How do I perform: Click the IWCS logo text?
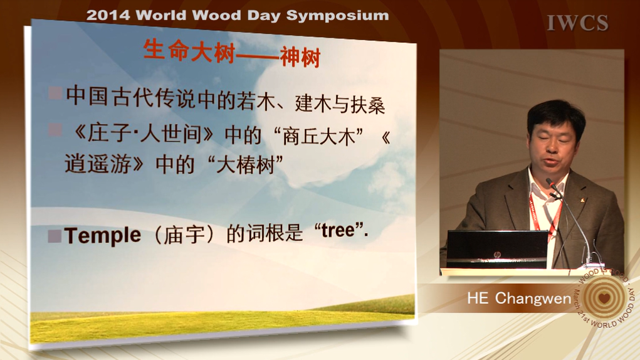point(577,23)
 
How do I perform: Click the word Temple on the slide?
point(102,236)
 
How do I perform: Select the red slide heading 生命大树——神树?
point(232,53)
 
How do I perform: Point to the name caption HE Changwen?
point(519,299)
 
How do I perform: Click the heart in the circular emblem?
point(604,297)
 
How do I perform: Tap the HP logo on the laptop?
point(497,255)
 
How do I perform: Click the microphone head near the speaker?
point(552,184)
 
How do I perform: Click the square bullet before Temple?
point(55,236)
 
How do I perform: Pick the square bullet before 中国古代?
point(55,93)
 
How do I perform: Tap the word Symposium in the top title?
point(337,16)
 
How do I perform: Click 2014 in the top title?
point(108,16)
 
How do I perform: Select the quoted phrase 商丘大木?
point(319,136)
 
